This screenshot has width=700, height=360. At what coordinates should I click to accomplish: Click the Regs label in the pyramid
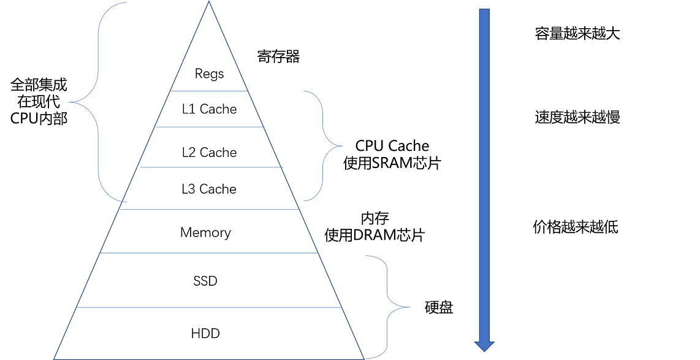(x=209, y=74)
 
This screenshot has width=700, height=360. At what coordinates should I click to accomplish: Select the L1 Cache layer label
(x=209, y=109)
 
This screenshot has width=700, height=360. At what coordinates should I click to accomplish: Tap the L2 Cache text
(x=209, y=153)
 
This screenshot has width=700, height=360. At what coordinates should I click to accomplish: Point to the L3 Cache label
(x=209, y=189)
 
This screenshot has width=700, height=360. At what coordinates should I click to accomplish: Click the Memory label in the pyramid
(x=205, y=233)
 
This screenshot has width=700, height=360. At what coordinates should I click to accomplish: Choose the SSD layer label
(x=205, y=281)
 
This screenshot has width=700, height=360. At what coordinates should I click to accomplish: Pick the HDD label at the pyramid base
(x=205, y=334)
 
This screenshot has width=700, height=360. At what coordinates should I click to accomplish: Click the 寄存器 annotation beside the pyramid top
(x=278, y=58)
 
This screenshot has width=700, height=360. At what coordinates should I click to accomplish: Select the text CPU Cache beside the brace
(x=392, y=146)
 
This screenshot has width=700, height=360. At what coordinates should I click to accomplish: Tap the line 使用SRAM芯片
(x=392, y=164)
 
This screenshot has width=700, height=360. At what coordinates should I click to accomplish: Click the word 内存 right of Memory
(x=375, y=218)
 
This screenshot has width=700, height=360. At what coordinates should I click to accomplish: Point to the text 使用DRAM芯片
(x=375, y=236)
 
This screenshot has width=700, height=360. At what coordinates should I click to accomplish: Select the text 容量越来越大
(x=577, y=34)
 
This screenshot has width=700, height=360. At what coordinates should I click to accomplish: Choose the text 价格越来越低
(x=576, y=228)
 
